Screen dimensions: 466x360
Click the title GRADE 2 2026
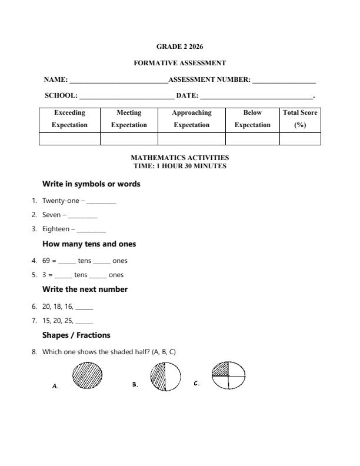point(179,46)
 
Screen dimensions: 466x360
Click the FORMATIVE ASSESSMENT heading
point(179,63)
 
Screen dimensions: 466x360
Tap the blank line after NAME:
point(118,81)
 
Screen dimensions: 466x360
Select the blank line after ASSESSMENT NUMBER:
point(284,81)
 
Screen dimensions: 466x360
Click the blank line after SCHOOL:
point(126,96)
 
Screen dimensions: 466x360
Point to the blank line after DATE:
point(256,96)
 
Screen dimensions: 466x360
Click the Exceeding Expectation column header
point(69,119)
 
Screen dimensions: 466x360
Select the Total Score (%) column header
point(300,119)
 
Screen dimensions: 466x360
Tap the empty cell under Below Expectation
point(252,139)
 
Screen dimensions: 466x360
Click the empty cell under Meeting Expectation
point(129,139)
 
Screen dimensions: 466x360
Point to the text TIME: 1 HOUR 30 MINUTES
point(179,167)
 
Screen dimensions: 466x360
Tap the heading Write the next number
point(85,289)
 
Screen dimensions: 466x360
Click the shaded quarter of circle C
point(220,369)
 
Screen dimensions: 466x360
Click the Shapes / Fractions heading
point(76,335)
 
